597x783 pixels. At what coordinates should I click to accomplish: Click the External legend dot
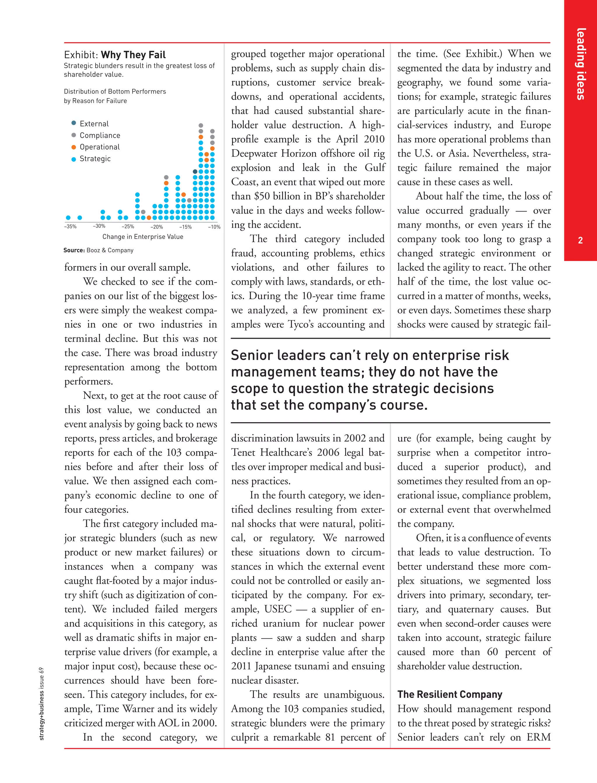tap(73, 123)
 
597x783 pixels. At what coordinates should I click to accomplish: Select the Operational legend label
tap(99, 147)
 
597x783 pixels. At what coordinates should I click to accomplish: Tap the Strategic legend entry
tap(95, 159)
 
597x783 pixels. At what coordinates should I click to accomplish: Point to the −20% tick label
tap(156, 227)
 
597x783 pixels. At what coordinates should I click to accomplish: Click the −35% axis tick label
tap(70, 226)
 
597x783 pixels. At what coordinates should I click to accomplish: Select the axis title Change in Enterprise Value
tap(143, 237)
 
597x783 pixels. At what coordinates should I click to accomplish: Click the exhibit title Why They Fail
tap(133, 55)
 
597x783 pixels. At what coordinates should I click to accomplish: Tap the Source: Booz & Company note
tap(99, 250)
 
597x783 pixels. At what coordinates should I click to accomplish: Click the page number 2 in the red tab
tap(580, 240)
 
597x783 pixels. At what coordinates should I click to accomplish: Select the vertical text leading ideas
tap(581, 64)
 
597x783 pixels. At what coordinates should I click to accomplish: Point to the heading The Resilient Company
tap(449, 694)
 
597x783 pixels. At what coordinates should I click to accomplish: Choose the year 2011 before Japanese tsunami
tap(242, 666)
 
